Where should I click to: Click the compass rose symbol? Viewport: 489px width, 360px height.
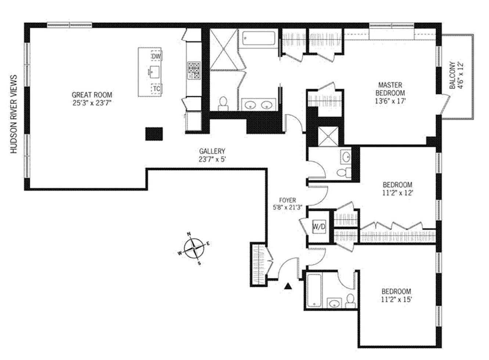[194, 248]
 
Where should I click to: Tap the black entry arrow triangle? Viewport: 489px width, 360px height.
[288, 286]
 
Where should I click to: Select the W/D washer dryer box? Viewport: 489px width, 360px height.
[319, 227]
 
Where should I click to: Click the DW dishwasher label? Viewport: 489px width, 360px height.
[156, 57]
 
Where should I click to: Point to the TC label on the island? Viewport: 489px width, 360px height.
[157, 89]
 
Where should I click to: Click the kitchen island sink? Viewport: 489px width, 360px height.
[154, 71]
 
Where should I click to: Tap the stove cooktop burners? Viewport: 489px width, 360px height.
[194, 71]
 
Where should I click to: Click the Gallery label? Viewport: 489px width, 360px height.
[212, 151]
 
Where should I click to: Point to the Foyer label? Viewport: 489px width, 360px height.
[288, 200]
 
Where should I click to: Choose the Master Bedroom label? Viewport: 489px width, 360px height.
[390, 89]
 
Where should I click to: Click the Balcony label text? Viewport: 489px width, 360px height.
[453, 75]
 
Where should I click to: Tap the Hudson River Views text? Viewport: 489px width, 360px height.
[14, 114]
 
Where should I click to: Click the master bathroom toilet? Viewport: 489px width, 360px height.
[223, 104]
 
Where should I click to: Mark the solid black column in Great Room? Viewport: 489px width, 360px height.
[154, 134]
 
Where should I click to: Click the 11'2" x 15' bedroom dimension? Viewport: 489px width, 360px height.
[396, 300]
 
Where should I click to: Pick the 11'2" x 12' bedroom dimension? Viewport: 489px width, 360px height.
[398, 193]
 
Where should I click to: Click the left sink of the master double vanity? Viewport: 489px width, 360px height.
[250, 105]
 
